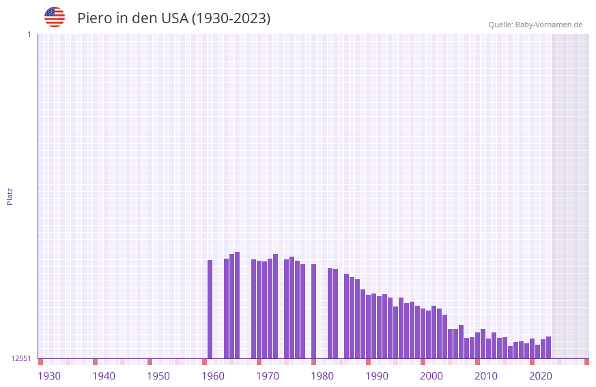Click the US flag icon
(55, 17)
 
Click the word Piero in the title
(94, 18)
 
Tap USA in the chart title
(174, 18)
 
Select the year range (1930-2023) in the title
(230, 18)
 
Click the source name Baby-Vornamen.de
(548, 25)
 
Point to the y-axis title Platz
(10, 196)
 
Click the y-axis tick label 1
(29, 34)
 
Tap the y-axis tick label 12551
(21, 358)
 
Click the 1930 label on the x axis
(49, 375)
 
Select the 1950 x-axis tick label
(158, 375)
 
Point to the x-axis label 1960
(213, 375)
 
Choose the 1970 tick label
(268, 375)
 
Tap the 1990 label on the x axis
(377, 375)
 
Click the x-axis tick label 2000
(431, 375)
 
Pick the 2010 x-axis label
(486, 375)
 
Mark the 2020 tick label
(541, 375)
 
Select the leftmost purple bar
(210, 309)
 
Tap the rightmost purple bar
(548, 347)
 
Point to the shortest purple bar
(510, 352)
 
